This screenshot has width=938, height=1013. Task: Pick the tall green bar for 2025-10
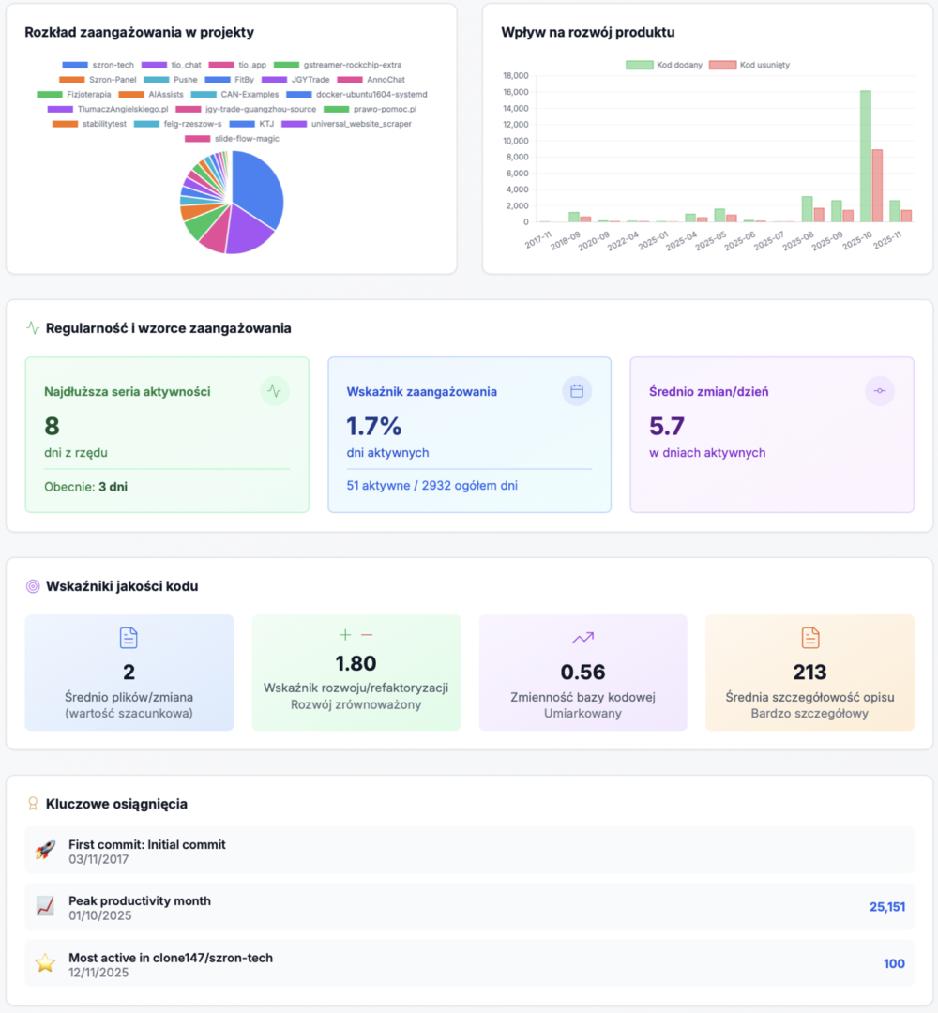[866, 156]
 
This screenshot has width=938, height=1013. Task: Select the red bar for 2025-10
[877, 186]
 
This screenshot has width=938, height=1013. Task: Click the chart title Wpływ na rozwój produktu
[588, 32]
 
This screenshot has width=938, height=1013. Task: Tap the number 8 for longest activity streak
[52, 426]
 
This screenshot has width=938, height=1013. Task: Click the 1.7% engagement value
[373, 426]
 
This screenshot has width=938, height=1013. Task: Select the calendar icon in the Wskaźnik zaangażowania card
[577, 391]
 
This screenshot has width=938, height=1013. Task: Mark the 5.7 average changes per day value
[667, 426]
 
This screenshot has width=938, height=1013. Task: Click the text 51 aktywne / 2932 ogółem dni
[431, 485]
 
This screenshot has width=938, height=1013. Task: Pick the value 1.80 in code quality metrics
[356, 663]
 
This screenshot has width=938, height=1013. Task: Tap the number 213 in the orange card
[809, 672]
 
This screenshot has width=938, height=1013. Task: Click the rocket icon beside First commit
[45, 851]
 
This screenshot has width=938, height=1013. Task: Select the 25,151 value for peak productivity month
[886, 907]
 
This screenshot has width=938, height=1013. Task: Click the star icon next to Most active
[45, 963]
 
